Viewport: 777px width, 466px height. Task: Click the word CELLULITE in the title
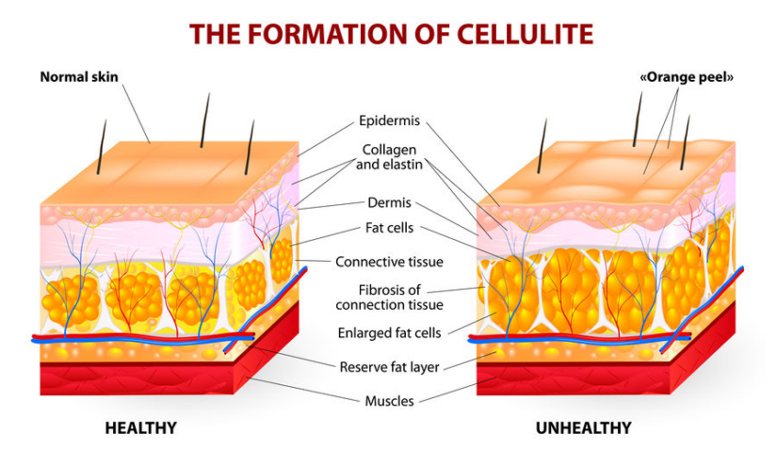coord(525,34)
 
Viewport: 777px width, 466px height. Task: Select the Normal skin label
coord(79,77)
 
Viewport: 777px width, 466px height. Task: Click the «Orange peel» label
coord(687,77)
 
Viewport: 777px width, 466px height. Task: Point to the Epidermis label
coord(390,121)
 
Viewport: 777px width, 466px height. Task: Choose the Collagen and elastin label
coord(390,157)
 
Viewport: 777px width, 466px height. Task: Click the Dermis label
coord(390,202)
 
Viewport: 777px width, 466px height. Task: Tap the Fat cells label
coord(390,228)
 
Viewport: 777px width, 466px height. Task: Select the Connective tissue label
coord(390,262)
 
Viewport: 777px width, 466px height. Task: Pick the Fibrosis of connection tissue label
coord(390,297)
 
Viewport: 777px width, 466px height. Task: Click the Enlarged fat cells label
coord(390,332)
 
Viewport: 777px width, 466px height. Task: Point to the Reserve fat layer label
coord(390,367)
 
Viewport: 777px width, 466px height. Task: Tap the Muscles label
coord(390,401)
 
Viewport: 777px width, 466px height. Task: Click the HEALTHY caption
coord(140,427)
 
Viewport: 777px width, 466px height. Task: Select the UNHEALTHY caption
coord(584,427)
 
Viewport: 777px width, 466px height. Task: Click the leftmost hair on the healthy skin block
coord(102,147)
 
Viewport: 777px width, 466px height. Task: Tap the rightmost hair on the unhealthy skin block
coord(686,142)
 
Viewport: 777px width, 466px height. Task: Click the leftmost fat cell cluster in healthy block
coord(71,300)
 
